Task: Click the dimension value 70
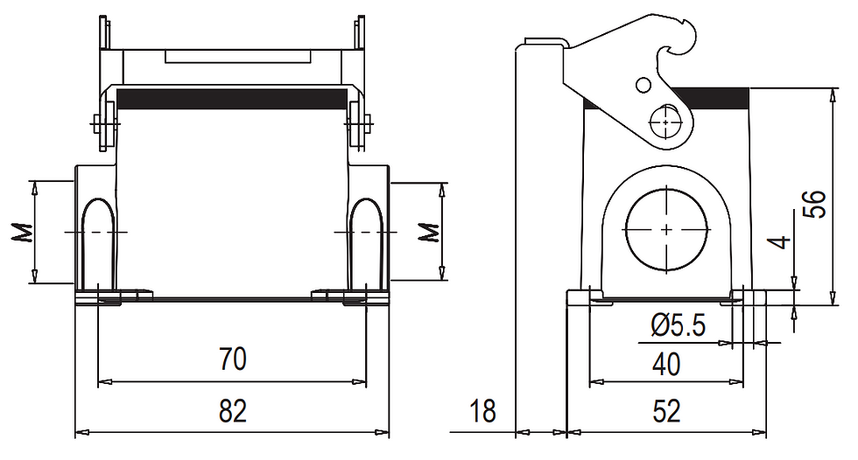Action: coord(233,359)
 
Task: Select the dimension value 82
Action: coord(233,410)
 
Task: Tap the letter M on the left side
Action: coord(21,233)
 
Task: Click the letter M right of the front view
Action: coord(428,233)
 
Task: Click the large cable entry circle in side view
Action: coord(666,230)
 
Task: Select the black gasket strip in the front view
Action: coord(233,99)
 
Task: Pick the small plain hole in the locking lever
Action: coord(643,85)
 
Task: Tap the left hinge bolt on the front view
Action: coord(105,123)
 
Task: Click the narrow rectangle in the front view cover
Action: coord(238,57)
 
